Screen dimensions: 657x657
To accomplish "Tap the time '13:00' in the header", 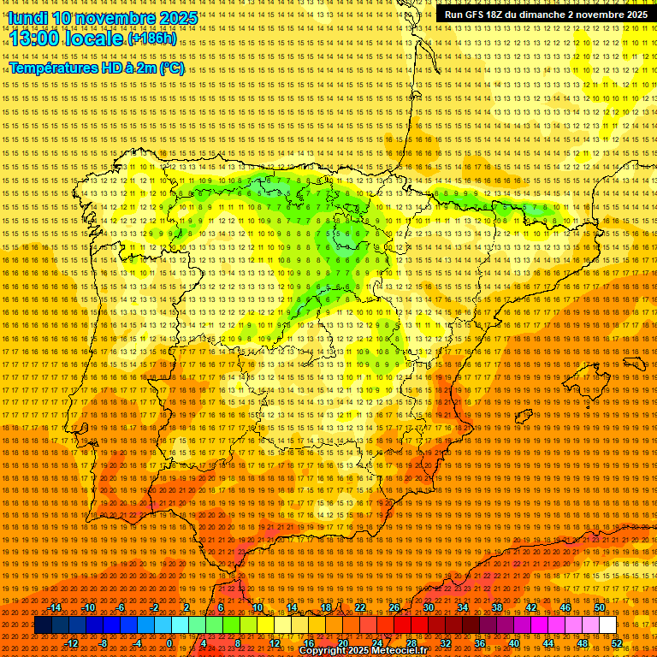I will point(37,38).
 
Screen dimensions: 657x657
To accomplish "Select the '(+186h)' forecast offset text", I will point(152,39).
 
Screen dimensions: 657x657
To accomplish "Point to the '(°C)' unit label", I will point(171,68).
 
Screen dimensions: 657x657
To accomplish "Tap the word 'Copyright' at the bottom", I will point(323,651).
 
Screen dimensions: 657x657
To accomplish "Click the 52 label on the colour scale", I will point(617,643).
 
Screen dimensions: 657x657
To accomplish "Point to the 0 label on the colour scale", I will point(169,643).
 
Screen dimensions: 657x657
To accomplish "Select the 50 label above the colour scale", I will point(600,607).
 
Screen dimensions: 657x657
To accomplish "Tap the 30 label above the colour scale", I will point(428,607).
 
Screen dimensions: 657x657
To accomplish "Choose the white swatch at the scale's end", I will point(608,625).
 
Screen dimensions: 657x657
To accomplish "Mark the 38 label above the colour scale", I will point(497,607).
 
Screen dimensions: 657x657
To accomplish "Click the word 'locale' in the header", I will point(97,38).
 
